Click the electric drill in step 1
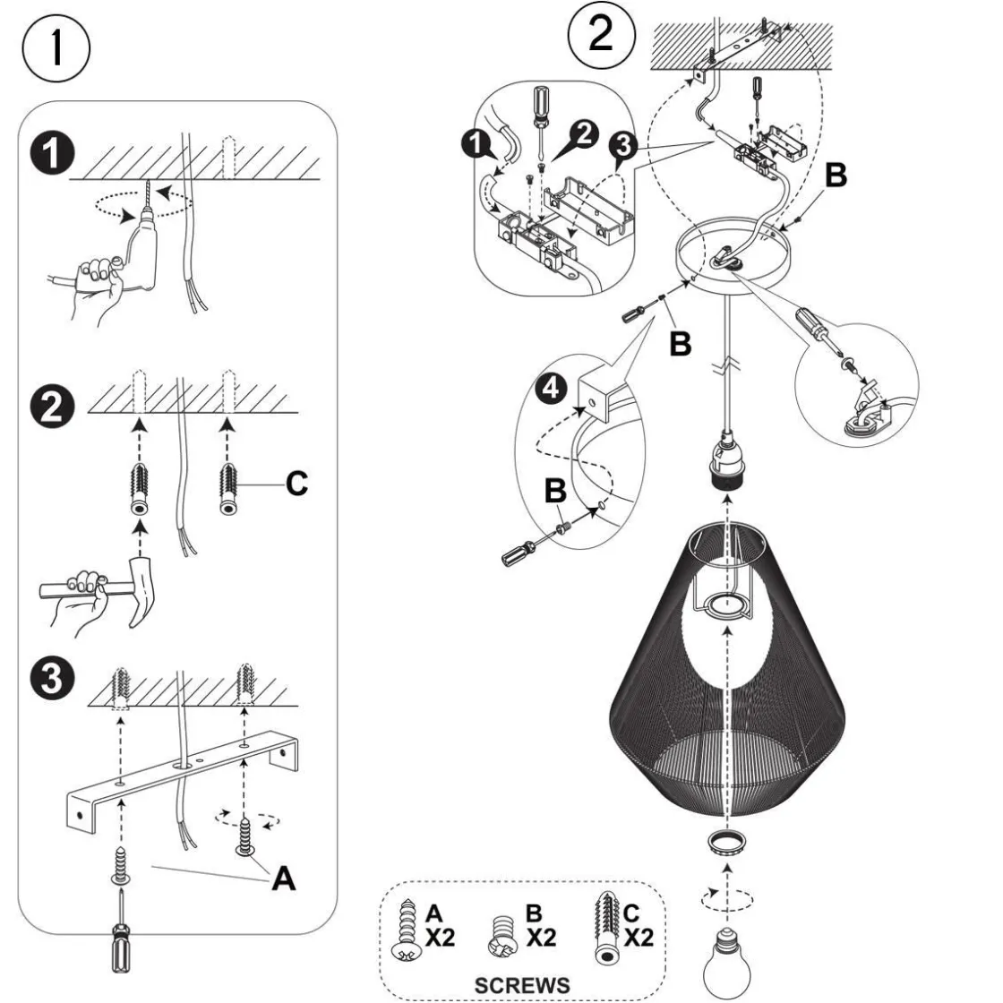tap(143, 246)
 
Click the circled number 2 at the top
tap(602, 34)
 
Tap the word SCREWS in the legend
tap(521, 984)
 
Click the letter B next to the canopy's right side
tap(833, 176)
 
